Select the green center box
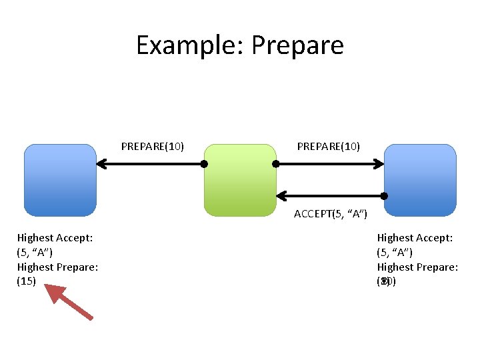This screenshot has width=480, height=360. (x=240, y=180)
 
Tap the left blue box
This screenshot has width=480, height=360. (x=60, y=180)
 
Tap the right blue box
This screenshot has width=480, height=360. (x=420, y=180)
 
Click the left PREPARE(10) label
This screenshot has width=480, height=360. (x=153, y=145)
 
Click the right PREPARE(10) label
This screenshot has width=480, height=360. (x=329, y=145)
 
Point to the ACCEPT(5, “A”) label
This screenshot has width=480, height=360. (x=330, y=214)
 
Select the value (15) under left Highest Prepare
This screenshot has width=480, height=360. (x=27, y=281)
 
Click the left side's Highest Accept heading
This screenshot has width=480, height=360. (x=55, y=237)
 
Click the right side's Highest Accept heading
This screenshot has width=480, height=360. (x=415, y=237)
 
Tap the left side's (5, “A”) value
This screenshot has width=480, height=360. (x=35, y=252)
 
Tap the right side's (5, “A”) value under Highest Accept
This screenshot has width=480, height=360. (x=395, y=252)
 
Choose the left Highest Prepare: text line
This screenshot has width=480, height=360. (x=58, y=267)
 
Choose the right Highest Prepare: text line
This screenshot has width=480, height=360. (x=418, y=267)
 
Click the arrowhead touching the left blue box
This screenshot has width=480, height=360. (x=101, y=163)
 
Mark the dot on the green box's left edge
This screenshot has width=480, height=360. (x=205, y=163)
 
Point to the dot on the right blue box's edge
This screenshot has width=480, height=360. (x=385, y=195)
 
